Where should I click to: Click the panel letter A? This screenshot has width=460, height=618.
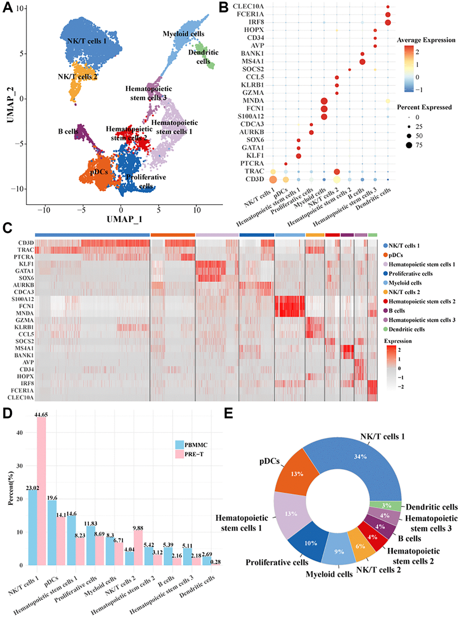click(x=7, y=8)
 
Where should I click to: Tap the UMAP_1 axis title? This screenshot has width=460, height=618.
click(x=124, y=219)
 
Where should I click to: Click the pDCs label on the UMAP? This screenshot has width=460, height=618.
click(x=99, y=172)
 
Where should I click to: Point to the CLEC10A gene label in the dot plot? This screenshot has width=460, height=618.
click(x=248, y=6)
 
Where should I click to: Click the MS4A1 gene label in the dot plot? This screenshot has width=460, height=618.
click(x=253, y=61)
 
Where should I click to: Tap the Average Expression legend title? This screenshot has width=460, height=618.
click(x=426, y=40)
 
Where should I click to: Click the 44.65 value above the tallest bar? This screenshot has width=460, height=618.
click(x=41, y=414)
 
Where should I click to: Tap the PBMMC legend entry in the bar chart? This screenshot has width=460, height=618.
click(x=196, y=445)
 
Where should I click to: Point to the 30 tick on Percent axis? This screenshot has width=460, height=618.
click(x=20, y=466)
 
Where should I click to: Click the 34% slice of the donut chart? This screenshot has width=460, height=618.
click(x=361, y=457)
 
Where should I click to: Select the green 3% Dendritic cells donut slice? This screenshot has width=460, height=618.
click(x=386, y=506)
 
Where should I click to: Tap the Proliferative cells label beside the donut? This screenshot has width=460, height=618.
click(x=277, y=562)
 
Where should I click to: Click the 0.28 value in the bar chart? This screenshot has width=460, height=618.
click(x=216, y=562)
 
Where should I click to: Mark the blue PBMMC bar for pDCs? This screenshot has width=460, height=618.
click(x=52, y=533)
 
